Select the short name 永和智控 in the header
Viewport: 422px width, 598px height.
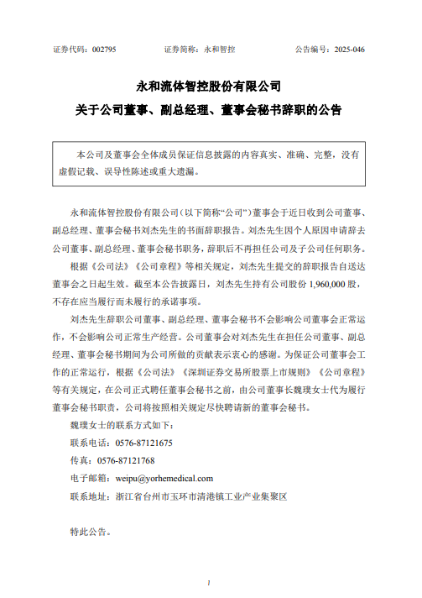pos(219,50)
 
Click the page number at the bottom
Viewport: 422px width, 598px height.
pos(210,582)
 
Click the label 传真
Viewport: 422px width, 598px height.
pos(81,461)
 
